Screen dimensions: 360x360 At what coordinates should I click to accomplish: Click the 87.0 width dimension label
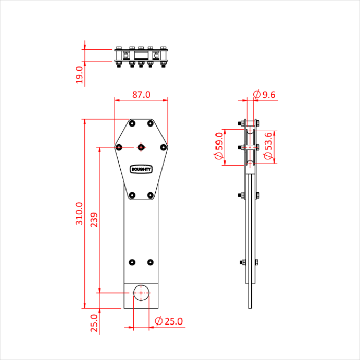141,95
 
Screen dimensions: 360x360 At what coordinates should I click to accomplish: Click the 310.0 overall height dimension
79,213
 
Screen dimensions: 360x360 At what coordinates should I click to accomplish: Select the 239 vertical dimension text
94,220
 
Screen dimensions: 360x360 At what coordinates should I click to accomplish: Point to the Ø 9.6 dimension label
265,94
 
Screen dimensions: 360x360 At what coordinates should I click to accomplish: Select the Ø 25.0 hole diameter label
169,321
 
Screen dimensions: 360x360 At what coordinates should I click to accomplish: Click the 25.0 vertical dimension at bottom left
94,324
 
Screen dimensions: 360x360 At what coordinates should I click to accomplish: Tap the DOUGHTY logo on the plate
141,169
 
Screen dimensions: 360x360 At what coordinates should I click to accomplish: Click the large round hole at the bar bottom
141,292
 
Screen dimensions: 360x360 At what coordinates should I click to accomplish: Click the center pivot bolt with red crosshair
141,147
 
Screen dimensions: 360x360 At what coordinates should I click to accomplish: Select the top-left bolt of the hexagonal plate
132,124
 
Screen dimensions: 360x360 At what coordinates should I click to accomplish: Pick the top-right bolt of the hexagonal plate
150,124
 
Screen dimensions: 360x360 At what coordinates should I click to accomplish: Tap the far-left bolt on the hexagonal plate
119,147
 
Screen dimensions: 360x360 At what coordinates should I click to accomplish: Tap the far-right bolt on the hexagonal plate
163,147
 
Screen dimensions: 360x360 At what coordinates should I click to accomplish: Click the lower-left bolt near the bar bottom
132,262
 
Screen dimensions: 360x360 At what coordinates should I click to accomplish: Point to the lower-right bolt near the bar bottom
150,262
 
